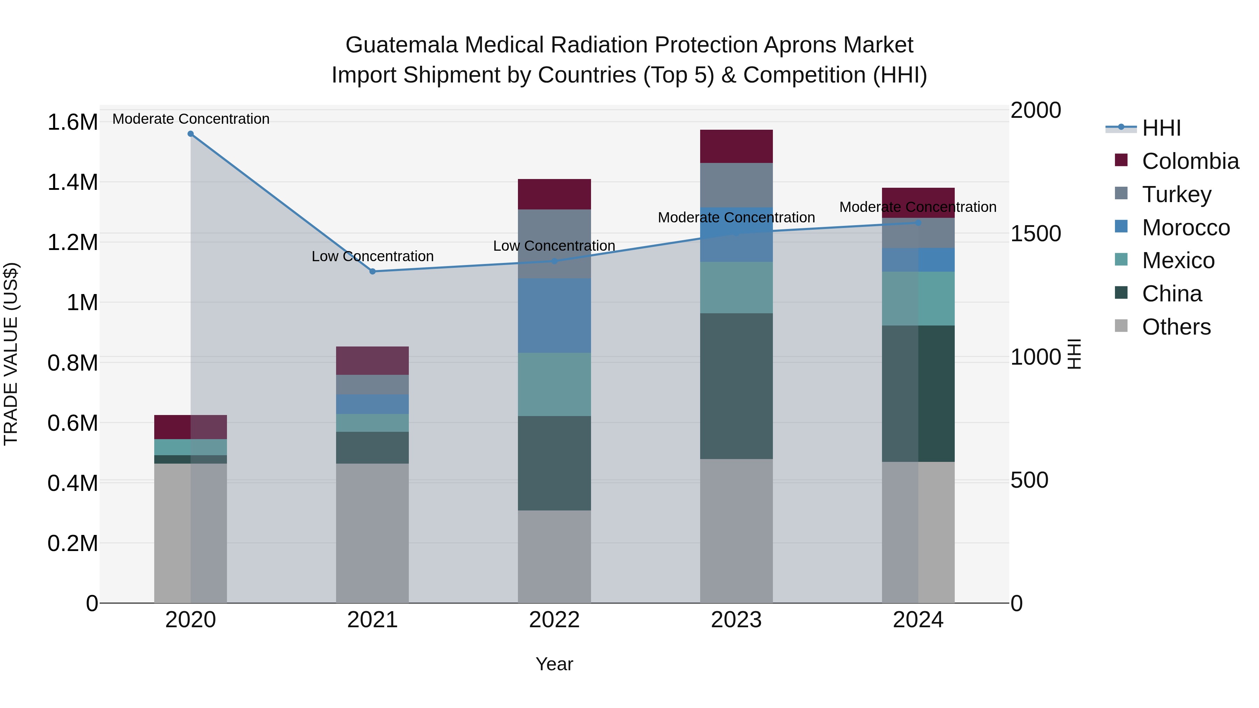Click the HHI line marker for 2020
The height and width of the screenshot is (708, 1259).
[191, 134]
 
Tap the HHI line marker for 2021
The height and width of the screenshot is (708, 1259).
[372, 271]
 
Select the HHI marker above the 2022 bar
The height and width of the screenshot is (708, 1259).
[554, 261]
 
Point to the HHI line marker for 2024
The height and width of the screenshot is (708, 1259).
[918, 223]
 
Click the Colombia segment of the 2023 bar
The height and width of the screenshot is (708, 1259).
[736, 146]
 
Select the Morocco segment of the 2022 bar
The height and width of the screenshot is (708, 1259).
[554, 316]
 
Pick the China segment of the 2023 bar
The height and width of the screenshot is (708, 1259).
[736, 386]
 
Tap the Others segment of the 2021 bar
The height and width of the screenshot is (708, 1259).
[372, 532]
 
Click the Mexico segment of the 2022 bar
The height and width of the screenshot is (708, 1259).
[554, 385]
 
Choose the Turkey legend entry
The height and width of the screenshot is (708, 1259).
[1176, 194]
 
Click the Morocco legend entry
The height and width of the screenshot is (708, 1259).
[1186, 228]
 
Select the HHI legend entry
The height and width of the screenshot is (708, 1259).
[1161, 128]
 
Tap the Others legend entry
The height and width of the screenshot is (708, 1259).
[1176, 327]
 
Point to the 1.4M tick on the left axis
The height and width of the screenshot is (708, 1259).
[72, 182]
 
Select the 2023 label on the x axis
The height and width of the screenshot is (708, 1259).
[736, 620]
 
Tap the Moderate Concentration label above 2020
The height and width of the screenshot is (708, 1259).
[191, 119]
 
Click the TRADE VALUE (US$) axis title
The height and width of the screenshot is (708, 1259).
[11, 354]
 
